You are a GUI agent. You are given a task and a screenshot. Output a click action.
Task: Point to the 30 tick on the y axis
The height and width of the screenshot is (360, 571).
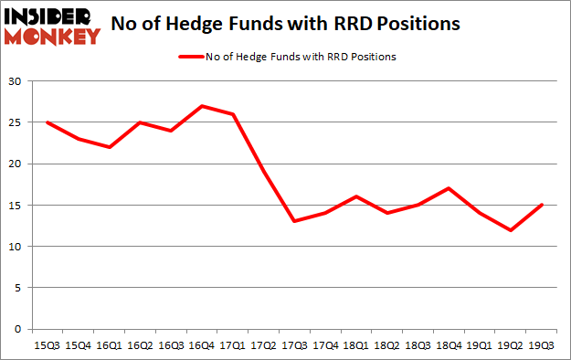tap(16, 82)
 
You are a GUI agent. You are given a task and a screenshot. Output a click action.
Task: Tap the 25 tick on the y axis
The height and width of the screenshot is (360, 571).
tap(16, 123)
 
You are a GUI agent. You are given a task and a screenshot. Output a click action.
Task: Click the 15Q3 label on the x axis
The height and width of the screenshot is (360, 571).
tap(48, 344)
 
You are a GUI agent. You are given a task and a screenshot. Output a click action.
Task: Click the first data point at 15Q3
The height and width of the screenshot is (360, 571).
tap(48, 122)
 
